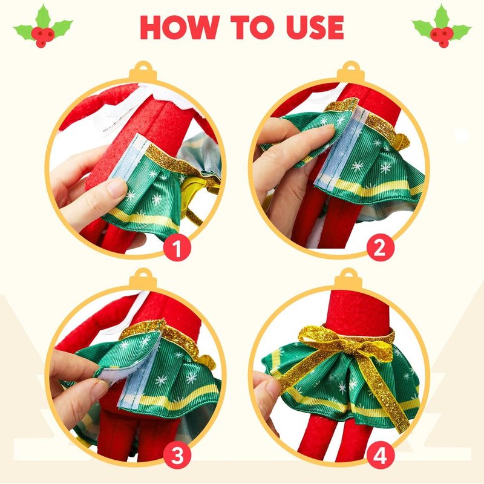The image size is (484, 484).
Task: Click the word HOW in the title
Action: (x=180, y=27)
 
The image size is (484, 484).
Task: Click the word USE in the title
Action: (x=315, y=27)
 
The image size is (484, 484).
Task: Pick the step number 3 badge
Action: (x=177, y=455)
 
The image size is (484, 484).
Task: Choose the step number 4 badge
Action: (x=381, y=455)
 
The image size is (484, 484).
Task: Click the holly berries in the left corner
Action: (x=42, y=36)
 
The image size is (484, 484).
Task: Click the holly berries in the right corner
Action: (x=442, y=36)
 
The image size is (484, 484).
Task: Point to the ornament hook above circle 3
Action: (x=143, y=279)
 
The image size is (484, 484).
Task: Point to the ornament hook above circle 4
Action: (x=349, y=279)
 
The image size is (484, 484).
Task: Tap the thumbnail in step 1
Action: (x=117, y=188)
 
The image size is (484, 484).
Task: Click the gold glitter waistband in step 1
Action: (x=182, y=166)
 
